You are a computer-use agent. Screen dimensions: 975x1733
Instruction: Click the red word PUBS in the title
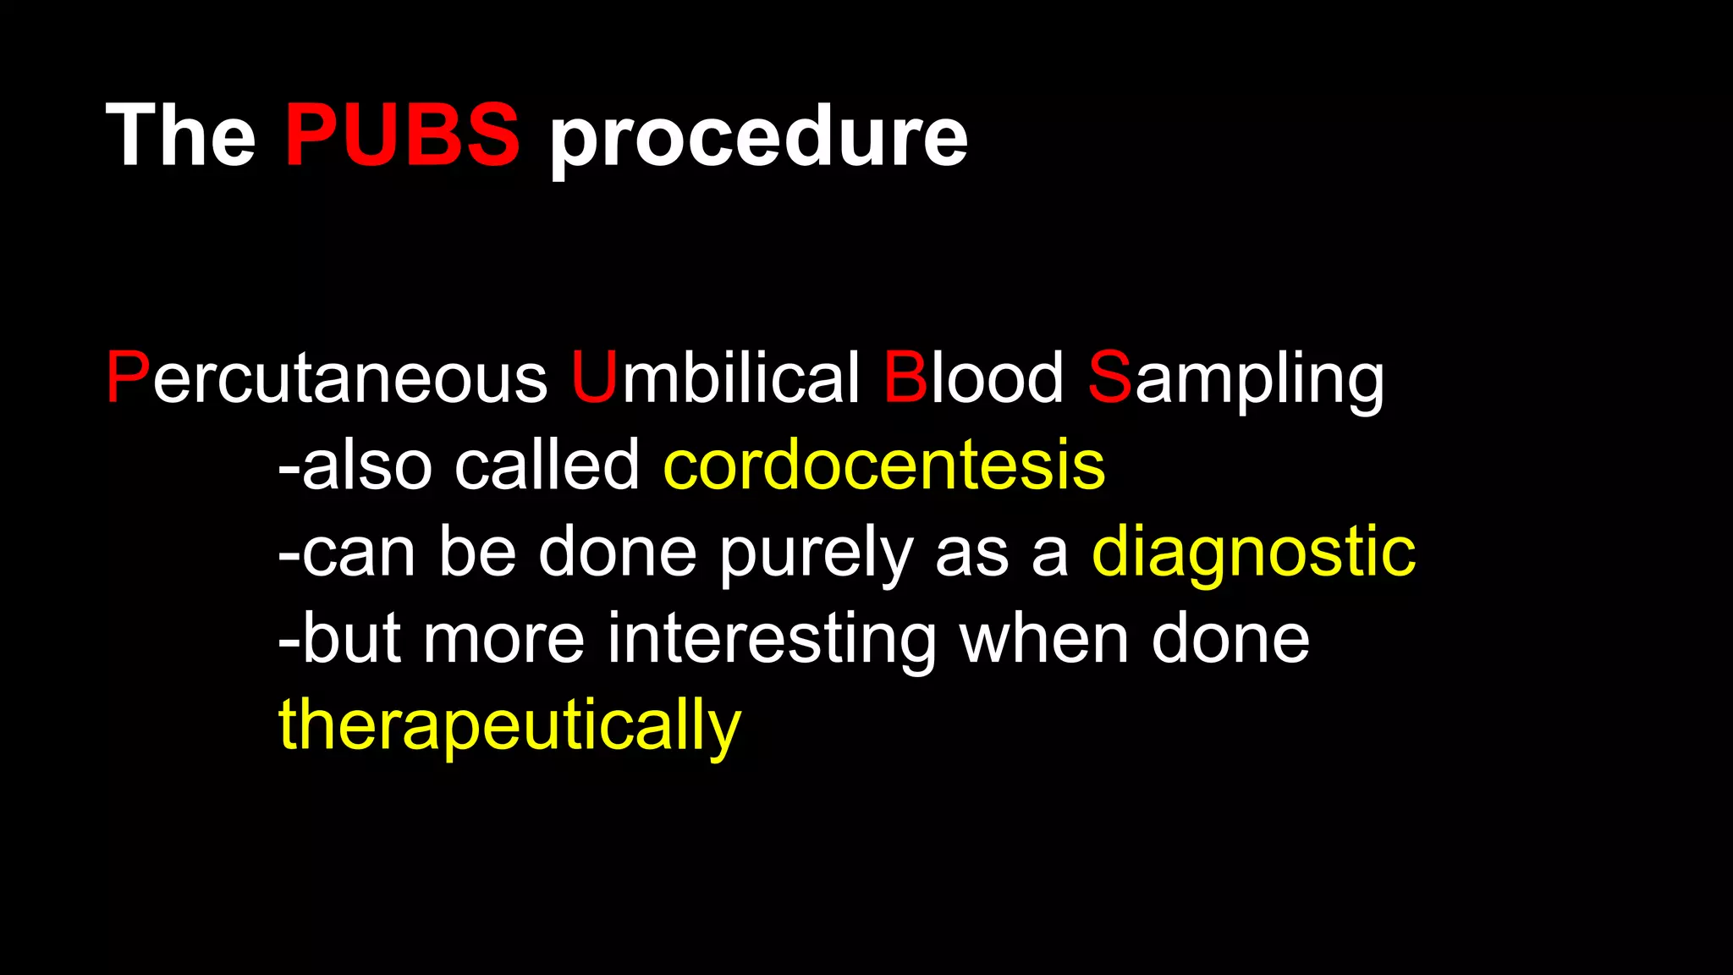click(402, 135)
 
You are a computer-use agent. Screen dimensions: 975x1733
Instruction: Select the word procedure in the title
click(758, 137)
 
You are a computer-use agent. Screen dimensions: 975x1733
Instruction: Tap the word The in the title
click(180, 135)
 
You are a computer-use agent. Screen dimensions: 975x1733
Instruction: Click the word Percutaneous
click(327, 378)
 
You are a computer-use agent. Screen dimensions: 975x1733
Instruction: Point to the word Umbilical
click(715, 378)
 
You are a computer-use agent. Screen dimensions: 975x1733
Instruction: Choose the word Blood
click(973, 378)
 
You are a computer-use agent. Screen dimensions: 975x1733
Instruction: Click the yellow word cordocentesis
click(884, 465)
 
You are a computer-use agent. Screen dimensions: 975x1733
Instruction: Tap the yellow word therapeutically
click(509, 726)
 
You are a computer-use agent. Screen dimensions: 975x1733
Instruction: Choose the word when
click(1044, 639)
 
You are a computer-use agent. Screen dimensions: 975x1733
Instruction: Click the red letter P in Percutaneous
click(128, 378)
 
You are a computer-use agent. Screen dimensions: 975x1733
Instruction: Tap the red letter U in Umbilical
click(594, 378)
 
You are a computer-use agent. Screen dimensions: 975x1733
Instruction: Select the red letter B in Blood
click(905, 378)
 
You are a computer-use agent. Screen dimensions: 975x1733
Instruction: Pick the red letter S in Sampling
click(1109, 378)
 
